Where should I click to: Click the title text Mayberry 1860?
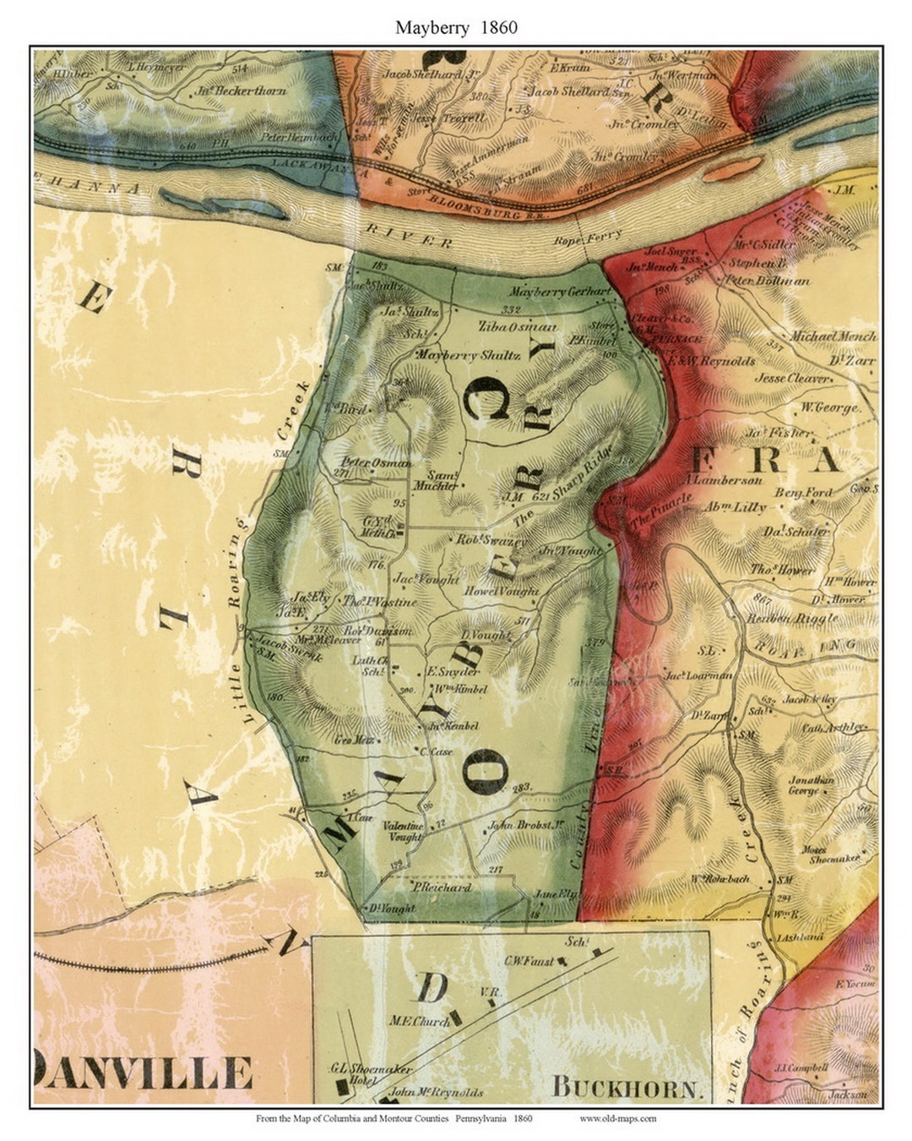click(x=456, y=27)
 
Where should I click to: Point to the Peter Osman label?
click(x=376, y=462)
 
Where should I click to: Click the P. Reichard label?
click(x=442, y=888)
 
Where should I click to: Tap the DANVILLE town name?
click(x=144, y=1073)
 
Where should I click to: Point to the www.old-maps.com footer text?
click(x=617, y=1118)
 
